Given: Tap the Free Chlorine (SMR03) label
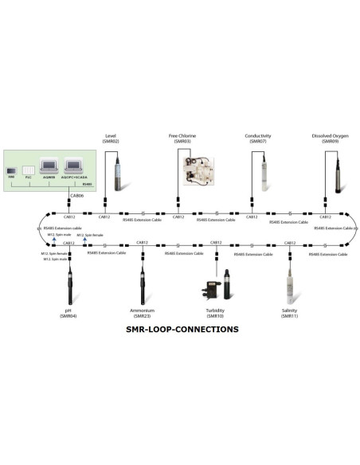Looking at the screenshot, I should [x=183, y=138].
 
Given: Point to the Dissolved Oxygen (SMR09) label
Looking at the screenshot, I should [x=328, y=138].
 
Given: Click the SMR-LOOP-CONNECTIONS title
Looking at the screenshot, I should [x=182, y=328].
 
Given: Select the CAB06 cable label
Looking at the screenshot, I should [x=77, y=195].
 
